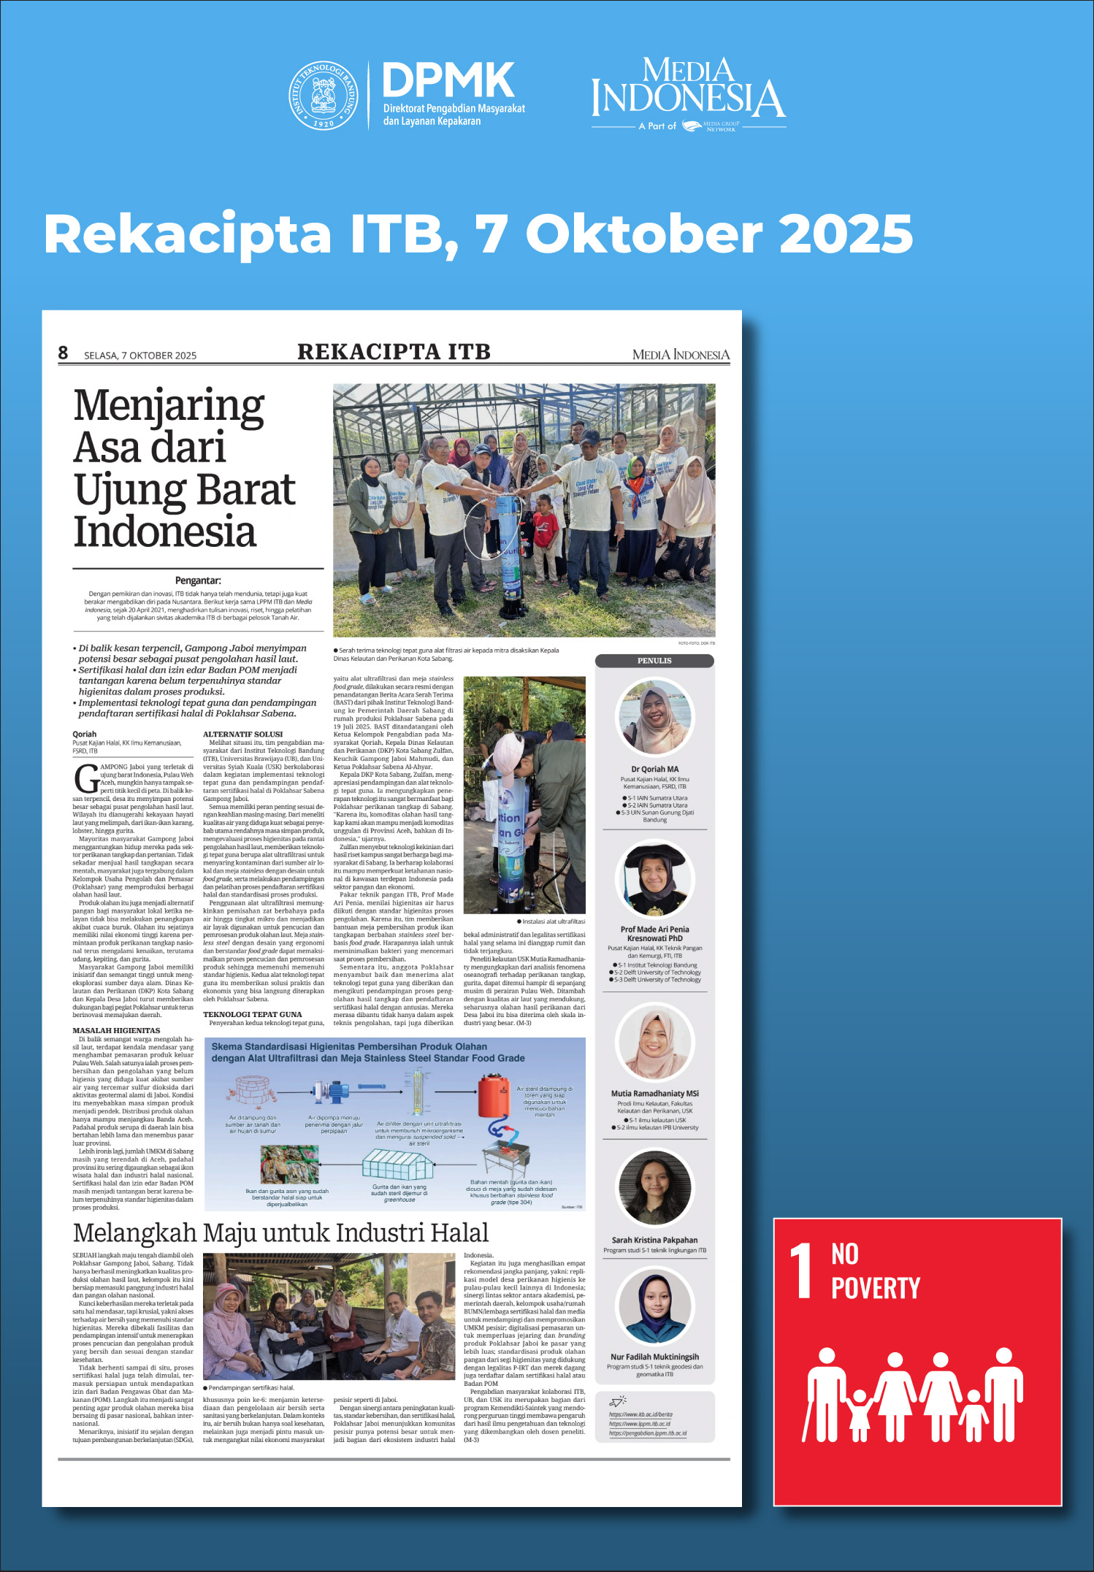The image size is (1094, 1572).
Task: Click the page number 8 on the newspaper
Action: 63,353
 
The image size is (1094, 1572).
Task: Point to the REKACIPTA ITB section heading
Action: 394,352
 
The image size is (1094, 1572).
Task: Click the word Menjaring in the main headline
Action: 169,406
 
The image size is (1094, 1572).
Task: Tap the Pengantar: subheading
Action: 198,580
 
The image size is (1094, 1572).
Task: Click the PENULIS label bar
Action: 654,661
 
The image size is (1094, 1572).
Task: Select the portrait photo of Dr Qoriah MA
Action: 654,718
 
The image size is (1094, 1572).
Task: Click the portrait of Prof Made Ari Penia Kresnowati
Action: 654,880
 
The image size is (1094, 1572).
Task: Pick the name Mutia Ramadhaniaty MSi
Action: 654,1094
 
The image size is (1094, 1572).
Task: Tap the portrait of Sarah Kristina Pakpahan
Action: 654,1187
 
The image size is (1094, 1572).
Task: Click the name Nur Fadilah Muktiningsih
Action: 654,1357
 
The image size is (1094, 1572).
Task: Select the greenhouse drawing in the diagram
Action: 399,1164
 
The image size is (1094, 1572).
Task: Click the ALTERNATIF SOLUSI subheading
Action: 242,734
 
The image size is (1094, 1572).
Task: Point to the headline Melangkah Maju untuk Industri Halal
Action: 281,1233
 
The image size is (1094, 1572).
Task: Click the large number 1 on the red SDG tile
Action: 802,1272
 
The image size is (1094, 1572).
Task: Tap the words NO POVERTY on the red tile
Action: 875,1272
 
